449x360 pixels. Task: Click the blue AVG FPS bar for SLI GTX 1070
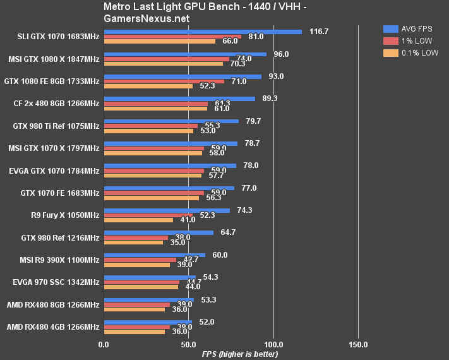pos(203,31)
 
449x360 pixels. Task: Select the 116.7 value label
pos(319,31)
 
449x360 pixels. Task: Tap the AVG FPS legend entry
pos(411,28)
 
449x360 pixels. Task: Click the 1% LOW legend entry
pos(411,40)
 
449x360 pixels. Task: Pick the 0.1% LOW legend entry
pos(411,53)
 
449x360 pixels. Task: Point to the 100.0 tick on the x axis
pos(273,345)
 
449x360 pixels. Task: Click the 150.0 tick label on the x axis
pos(358,345)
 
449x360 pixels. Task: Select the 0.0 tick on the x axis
pos(104,345)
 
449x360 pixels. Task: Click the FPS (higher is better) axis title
pos(240,354)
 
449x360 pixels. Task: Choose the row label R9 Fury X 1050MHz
pos(65,215)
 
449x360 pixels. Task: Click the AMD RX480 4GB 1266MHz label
pos(53,327)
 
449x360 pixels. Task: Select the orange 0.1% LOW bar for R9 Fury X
pos(138,220)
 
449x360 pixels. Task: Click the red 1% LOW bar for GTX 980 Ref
pos(136,237)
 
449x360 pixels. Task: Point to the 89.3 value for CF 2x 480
pos(270,98)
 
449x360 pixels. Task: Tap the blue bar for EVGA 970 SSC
pos(150,277)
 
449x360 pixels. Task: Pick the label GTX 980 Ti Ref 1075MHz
pos(56,126)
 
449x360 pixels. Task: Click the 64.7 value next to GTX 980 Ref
pos(228,232)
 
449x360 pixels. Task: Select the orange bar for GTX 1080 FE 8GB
pos(148,86)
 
